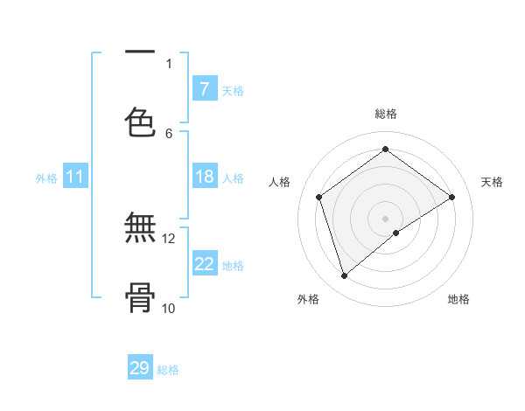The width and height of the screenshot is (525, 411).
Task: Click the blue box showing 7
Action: point(204,88)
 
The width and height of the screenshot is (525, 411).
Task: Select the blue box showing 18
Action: point(204,177)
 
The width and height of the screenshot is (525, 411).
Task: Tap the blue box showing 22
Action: point(204,263)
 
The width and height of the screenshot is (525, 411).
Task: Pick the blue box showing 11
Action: point(74,177)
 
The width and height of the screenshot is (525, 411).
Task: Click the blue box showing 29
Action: point(140,368)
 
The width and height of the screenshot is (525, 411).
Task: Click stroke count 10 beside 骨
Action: point(169,308)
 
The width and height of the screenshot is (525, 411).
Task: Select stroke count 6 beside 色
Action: point(169,133)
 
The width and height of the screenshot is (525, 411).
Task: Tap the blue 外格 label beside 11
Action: point(46,178)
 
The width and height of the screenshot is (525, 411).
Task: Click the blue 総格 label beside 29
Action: point(168,370)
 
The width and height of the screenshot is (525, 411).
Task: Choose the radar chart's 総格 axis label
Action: point(386,114)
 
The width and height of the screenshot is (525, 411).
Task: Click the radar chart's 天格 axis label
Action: point(492,182)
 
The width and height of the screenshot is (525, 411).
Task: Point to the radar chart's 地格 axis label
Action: point(458,299)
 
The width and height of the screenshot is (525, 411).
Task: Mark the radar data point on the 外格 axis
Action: point(344,276)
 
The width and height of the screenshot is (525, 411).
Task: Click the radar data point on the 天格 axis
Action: point(451,197)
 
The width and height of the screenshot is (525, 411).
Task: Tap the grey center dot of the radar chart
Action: point(386,218)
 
